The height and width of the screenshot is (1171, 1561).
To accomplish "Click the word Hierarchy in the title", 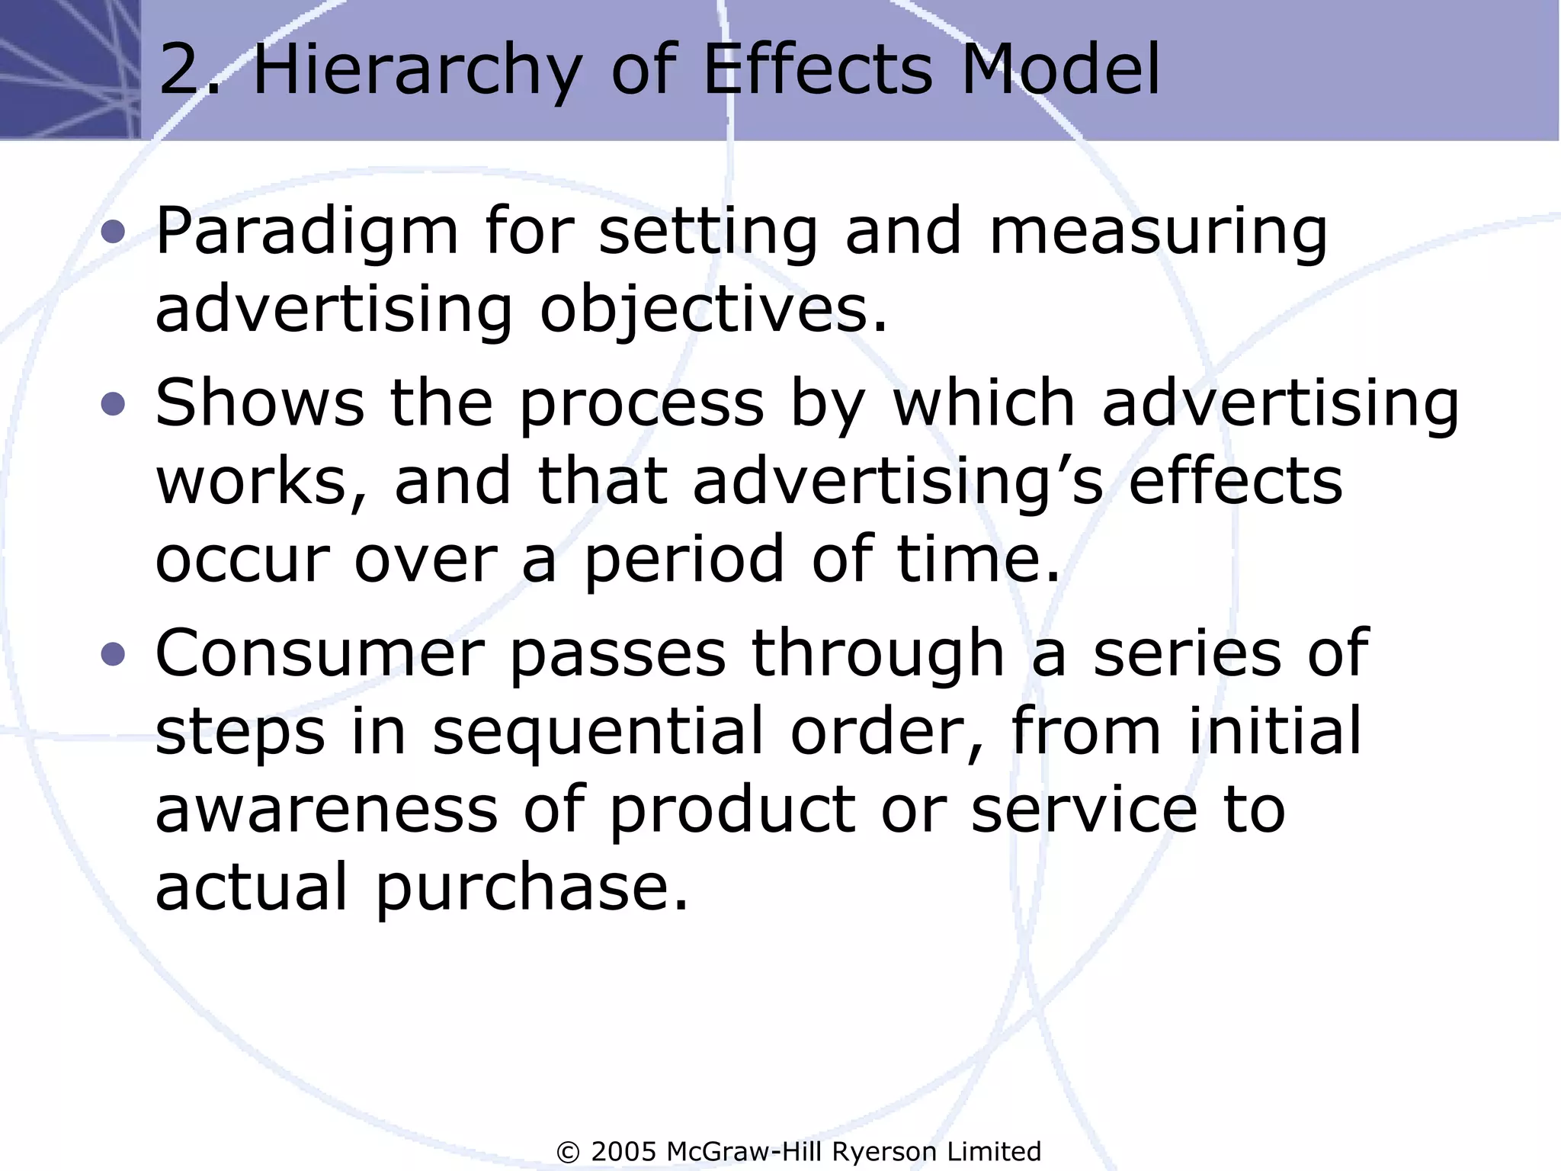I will click(x=415, y=70).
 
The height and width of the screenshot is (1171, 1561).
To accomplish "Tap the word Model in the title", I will click(x=1059, y=70).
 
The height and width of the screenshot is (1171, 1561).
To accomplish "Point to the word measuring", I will click(x=1158, y=232).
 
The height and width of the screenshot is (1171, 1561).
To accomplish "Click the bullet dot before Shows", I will click(x=113, y=403).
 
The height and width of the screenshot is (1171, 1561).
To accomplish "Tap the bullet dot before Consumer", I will click(x=113, y=653).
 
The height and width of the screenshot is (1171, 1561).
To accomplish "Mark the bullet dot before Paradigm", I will click(x=113, y=232).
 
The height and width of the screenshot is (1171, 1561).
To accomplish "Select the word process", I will click(x=641, y=405).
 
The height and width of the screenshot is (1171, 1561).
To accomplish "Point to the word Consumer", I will click(x=320, y=653).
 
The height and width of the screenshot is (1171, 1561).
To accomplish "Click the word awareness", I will click(x=326, y=810).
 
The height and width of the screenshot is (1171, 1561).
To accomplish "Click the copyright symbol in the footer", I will click(x=569, y=1151).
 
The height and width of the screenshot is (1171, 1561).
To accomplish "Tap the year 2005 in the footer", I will click(x=623, y=1151).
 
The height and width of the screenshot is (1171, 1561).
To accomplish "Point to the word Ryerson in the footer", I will click(x=884, y=1151).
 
